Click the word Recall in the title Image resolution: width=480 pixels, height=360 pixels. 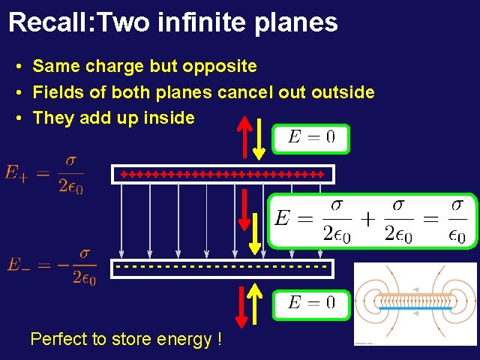coord(46,22)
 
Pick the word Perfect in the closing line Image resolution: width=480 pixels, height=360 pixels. coord(58,339)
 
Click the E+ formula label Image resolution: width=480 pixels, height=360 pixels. coord(45,174)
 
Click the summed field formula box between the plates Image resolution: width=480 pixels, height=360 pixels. coord(373,220)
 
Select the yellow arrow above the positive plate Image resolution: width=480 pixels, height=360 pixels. coord(259,139)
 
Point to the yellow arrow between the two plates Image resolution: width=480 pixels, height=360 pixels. coord(255,232)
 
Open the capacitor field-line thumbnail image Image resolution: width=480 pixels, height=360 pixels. coord(415,303)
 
